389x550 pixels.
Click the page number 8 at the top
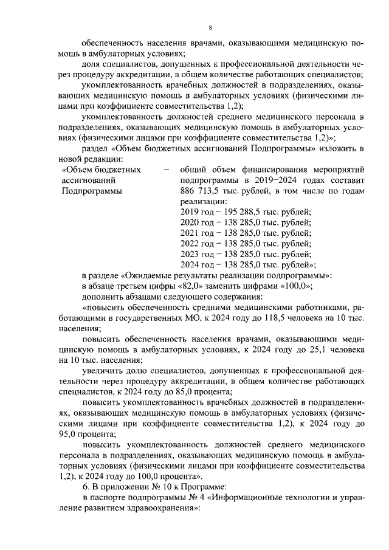click(210, 28)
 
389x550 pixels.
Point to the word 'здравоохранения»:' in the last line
click(159, 509)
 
